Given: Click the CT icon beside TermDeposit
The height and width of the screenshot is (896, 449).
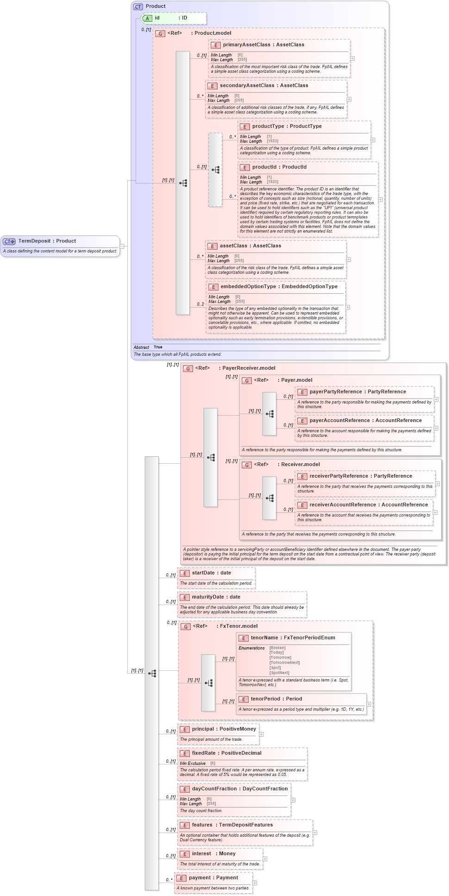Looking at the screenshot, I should pyautogui.click(x=9, y=241).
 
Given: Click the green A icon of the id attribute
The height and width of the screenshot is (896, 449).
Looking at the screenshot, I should pyautogui.click(x=147, y=19).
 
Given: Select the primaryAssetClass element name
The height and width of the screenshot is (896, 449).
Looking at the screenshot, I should pyautogui.click(x=246, y=45).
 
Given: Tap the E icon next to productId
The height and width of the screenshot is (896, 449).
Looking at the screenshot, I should pyautogui.click(x=244, y=167).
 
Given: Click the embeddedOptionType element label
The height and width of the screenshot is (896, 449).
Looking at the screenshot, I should pyautogui.click(x=248, y=287).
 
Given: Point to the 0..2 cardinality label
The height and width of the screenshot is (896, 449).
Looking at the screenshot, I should pyautogui.click(x=200, y=304).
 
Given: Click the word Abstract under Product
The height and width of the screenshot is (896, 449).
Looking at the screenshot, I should pyautogui.click(x=141, y=347).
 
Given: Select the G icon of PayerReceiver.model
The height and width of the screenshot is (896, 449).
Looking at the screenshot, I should pyautogui.click(x=188, y=368).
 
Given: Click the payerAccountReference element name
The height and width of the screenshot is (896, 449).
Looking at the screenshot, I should pyautogui.click(x=339, y=421).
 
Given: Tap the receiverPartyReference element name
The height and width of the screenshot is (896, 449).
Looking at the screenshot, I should pyautogui.click(x=338, y=476).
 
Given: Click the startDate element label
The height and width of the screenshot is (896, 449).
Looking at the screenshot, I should pyautogui.click(x=203, y=573).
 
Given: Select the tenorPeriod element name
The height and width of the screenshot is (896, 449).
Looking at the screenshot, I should pyautogui.click(x=265, y=699).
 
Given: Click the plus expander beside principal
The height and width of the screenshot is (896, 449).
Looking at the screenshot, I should pyautogui.click(x=262, y=734).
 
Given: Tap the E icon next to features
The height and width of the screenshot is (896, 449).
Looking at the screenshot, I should pyautogui.click(x=184, y=825).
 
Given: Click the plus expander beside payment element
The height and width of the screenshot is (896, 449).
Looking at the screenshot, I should pyautogui.click(x=255, y=883).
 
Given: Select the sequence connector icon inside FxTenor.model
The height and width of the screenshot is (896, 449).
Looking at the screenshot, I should pyautogui.click(x=208, y=683).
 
